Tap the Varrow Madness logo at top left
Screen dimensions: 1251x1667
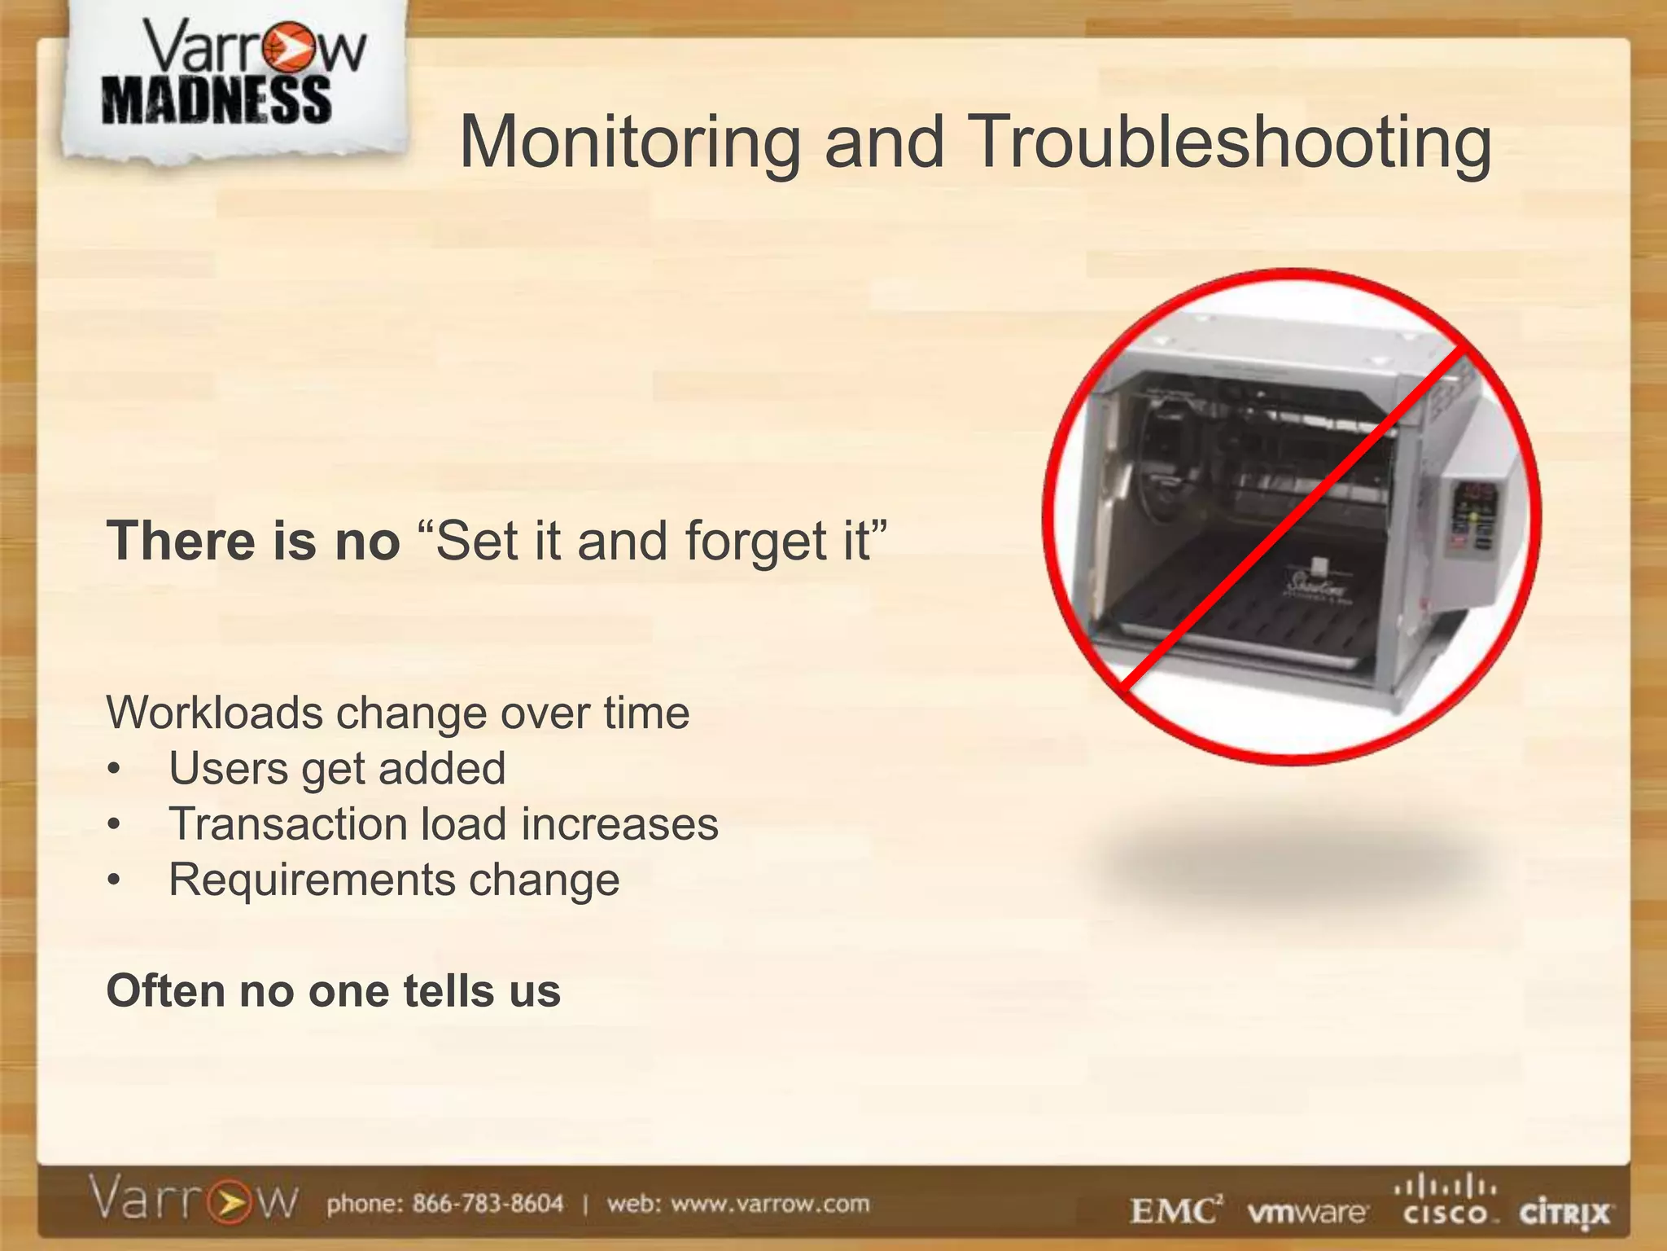tap(232, 77)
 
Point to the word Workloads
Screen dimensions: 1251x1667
tap(215, 713)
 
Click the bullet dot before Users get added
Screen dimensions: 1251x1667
tap(115, 770)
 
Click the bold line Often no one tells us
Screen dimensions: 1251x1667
tap(334, 991)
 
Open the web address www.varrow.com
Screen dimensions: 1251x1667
tap(770, 1204)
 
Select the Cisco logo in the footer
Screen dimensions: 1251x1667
tap(1446, 1201)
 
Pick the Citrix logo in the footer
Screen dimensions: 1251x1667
tap(1564, 1214)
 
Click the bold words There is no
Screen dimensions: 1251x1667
tap(253, 542)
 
